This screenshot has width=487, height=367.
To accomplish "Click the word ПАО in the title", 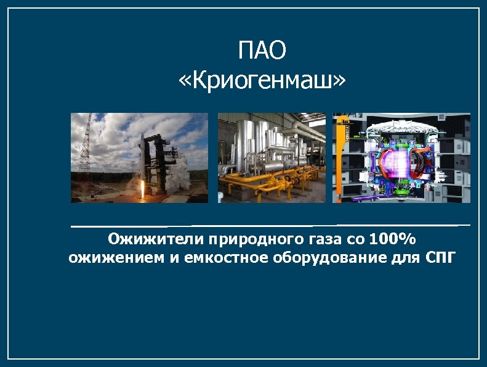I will pos(262,51).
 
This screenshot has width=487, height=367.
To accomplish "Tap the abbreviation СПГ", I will pos(441,257).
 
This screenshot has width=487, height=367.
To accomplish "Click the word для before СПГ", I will pos(403,257).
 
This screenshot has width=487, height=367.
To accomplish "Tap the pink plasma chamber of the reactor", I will pos(394,160).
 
